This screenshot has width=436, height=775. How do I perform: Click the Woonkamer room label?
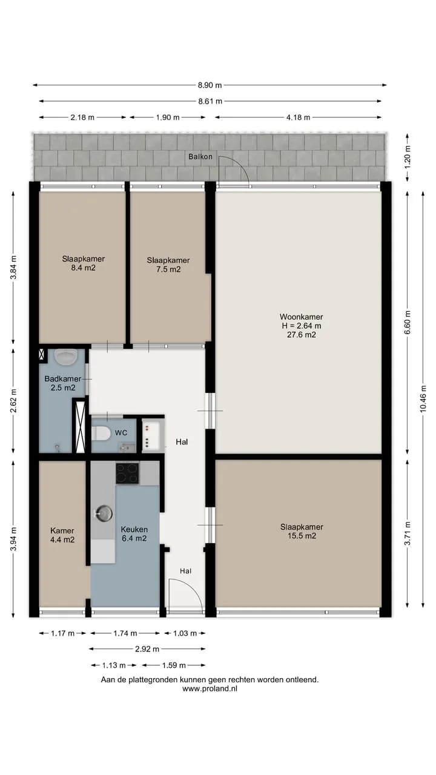tap(301, 317)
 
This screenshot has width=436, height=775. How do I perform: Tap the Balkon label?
tap(200, 157)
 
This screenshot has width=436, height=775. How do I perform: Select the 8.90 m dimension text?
tap(210, 85)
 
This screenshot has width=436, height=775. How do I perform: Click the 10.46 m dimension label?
tap(423, 399)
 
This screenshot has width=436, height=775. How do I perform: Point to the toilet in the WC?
tap(101, 433)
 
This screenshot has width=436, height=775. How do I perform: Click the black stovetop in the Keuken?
tap(127, 473)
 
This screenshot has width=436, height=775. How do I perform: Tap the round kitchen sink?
tap(104, 513)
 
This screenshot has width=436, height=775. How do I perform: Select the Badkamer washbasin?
tap(66, 357)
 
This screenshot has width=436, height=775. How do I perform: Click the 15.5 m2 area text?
tap(302, 536)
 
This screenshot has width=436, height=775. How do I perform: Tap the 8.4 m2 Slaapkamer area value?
tap(84, 268)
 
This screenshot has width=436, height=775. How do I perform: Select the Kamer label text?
tap(62, 530)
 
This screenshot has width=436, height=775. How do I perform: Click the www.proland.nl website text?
tap(210, 688)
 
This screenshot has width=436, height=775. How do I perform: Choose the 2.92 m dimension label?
tap(147, 649)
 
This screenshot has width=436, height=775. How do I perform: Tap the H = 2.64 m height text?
tap(302, 326)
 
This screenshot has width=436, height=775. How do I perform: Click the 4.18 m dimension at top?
tap(298, 117)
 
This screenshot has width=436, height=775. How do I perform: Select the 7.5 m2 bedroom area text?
tap(168, 269)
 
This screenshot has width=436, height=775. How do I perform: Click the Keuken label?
tap(134, 529)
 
